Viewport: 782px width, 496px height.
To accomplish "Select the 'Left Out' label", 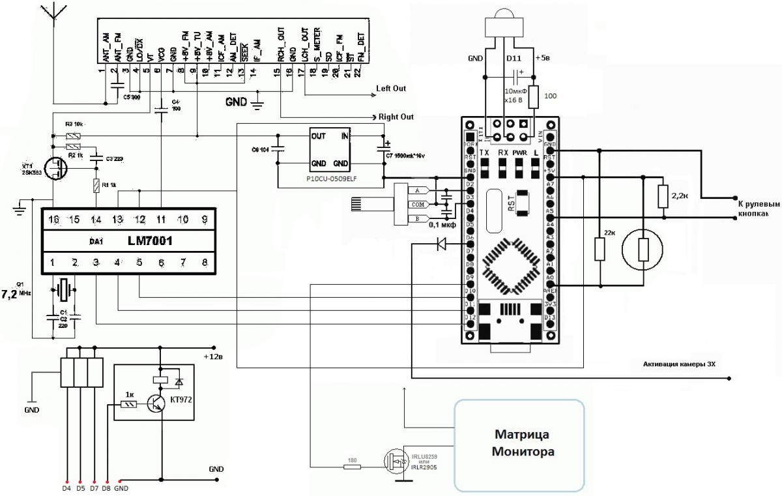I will coord(391,88).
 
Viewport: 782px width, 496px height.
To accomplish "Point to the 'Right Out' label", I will coord(396,117).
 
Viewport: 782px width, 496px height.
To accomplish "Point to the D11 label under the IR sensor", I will coord(514,59).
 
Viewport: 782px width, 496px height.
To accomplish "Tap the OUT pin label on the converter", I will coord(319,136).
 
